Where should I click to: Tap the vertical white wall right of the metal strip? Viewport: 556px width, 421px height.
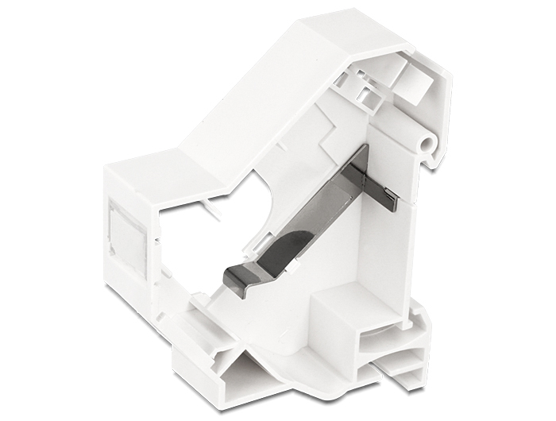[x=393, y=246]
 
